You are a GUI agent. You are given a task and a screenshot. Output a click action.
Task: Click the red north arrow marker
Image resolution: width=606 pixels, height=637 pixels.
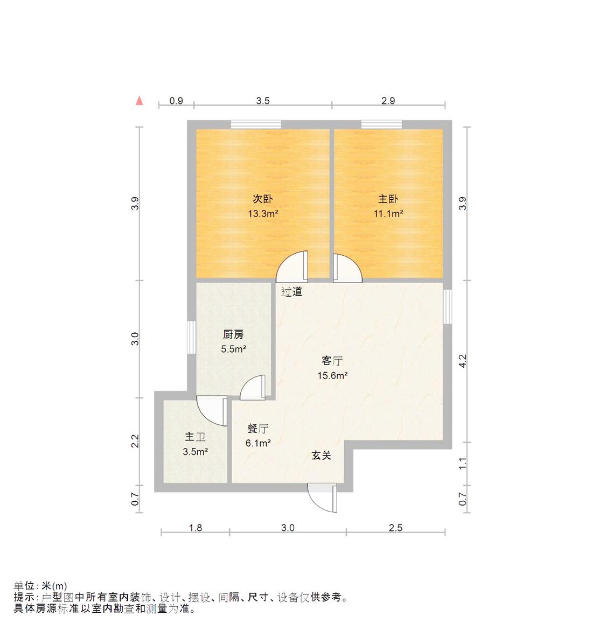pos(140,100)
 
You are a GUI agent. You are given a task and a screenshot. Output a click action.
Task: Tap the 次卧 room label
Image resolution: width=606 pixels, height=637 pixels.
pos(263,199)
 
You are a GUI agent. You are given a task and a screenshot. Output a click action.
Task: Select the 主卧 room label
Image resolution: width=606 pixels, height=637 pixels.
pos(388,199)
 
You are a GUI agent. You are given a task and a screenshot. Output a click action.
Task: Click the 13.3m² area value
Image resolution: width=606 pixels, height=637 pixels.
pos(263,213)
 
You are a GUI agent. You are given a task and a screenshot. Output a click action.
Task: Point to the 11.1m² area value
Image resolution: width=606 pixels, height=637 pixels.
pos(388,213)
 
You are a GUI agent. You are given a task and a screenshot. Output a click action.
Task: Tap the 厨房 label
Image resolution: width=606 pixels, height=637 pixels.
pos(233,335)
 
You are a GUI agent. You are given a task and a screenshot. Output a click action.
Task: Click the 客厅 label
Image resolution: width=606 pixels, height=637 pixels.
pos(332,361)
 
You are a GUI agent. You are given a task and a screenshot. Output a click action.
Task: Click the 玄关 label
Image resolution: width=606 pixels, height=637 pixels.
pos(321,456)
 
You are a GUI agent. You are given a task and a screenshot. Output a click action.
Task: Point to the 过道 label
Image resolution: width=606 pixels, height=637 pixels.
pos(292,292)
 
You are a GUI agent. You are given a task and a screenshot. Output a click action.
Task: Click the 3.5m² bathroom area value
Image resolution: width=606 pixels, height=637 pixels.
pos(195,452)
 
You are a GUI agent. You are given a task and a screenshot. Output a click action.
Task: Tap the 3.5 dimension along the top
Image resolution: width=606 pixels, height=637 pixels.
pos(262,101)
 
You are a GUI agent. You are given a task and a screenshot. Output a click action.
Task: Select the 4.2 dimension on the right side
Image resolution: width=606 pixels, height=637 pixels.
pos(463,361)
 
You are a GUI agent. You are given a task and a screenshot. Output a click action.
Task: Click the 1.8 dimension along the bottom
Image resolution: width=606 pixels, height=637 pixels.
pos(195,528)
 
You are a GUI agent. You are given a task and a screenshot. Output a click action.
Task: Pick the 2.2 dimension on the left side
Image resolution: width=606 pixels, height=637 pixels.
pos(136,441)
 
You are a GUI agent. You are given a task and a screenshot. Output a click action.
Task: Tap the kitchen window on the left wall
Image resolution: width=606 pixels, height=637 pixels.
pos(191,337)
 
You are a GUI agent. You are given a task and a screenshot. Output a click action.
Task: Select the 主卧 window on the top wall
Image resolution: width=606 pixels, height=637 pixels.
pos(381,124)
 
